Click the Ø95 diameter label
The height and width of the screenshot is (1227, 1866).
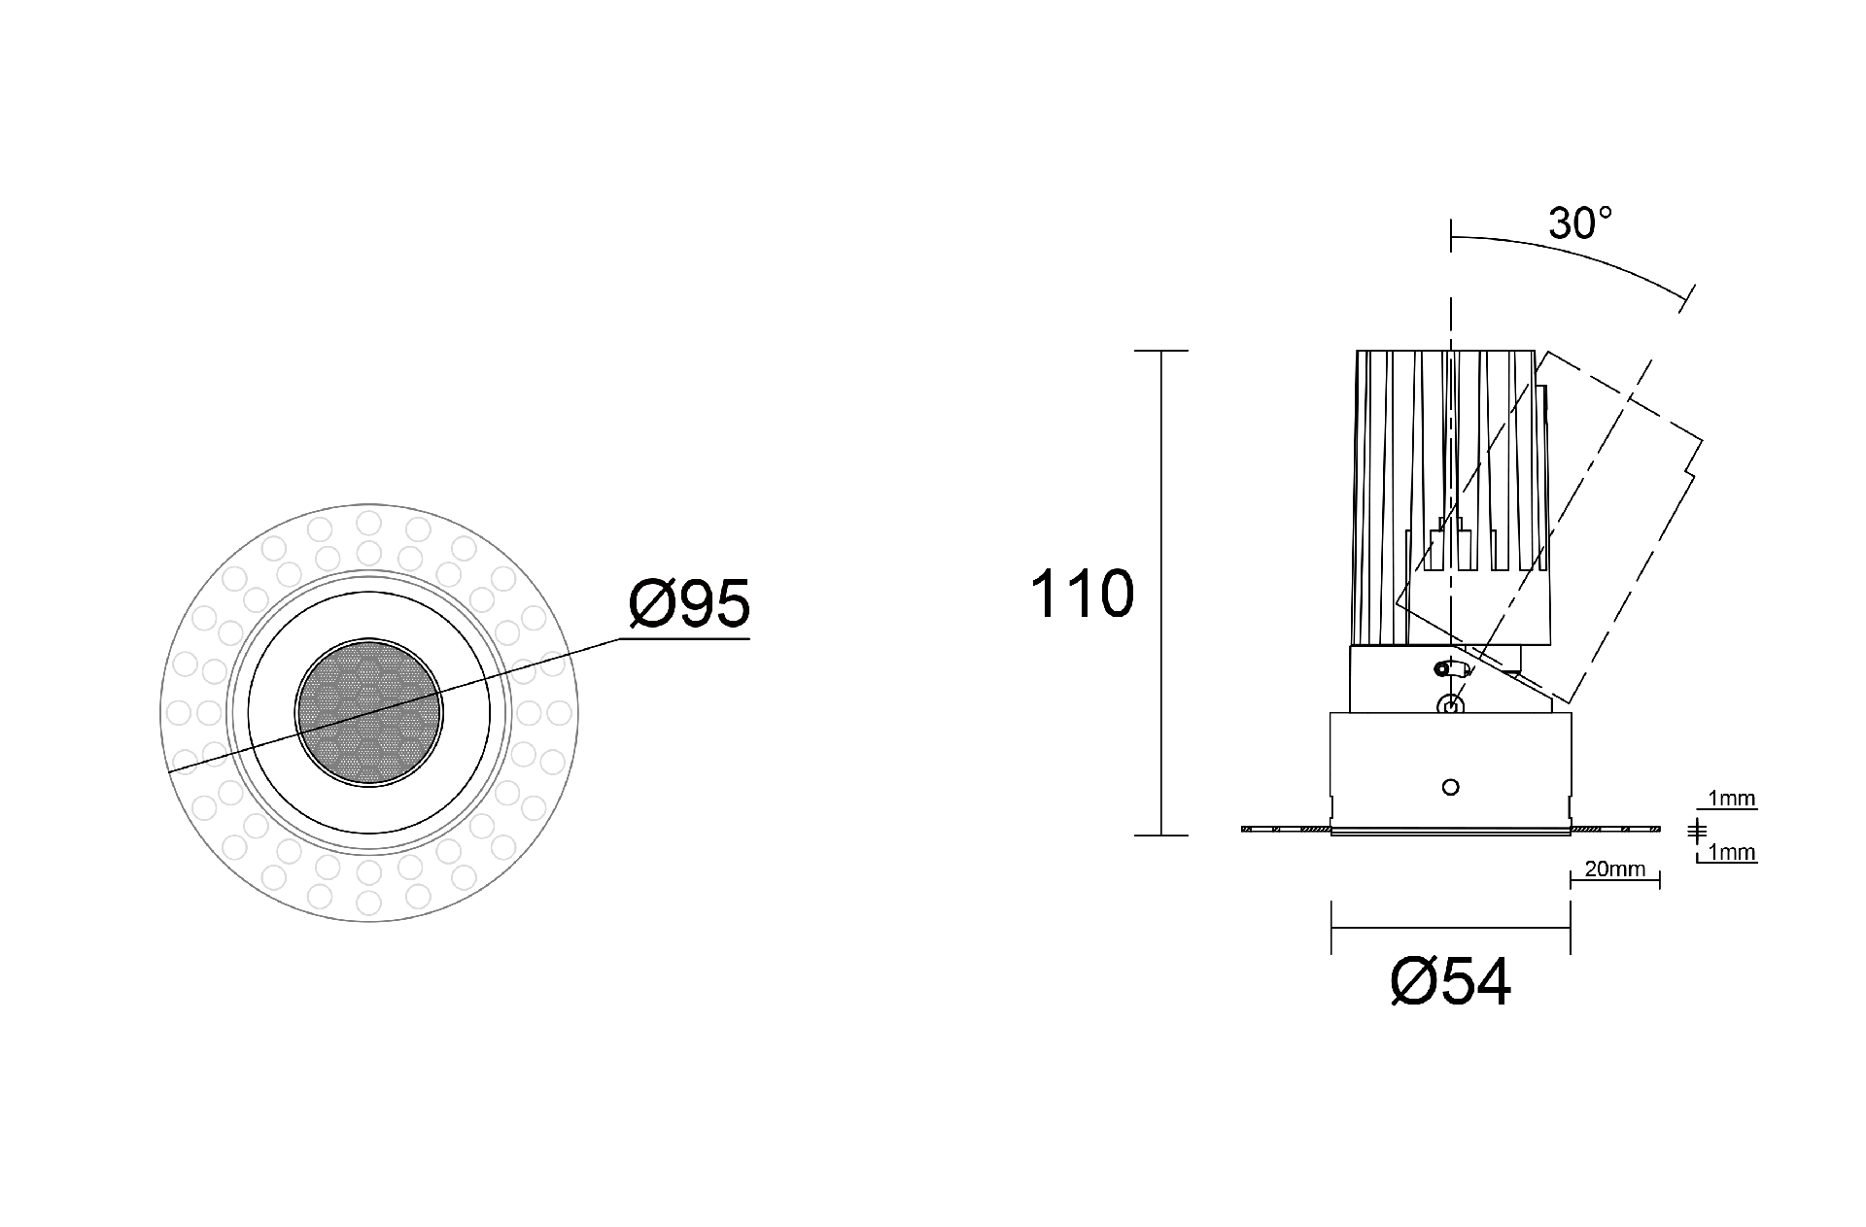point(689,603)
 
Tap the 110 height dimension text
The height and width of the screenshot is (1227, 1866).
point(1082,594)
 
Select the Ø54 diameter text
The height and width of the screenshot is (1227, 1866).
point(1451,981)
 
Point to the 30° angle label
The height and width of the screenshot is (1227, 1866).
point(1580,223)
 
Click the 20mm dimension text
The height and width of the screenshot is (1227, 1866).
point(1614,869)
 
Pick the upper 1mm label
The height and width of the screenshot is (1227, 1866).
point(1732,800)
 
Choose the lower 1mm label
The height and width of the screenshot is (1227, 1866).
point(1732,853)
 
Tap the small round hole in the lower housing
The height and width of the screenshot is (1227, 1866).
point(1451,787)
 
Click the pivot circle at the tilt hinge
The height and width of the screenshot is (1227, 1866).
point(1450,706)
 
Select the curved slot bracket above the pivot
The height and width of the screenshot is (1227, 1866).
point(1453,668)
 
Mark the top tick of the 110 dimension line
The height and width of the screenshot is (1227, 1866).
point(1161,351)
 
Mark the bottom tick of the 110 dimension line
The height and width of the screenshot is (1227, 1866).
point(1161,835)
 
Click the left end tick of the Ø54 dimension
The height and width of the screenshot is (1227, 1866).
point(1331,928)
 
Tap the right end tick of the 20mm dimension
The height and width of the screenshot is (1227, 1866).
point(1659,880)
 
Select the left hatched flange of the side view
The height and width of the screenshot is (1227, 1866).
point(1286,829)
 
